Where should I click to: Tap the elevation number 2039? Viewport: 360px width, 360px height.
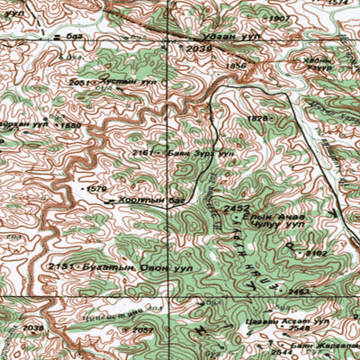click(x=200, y=49)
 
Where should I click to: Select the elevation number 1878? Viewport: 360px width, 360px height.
click(x=258, y=119)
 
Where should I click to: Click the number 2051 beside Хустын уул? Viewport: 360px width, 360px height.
click(x=80, y=82)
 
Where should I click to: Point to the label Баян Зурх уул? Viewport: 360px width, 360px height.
click(x=200, y=154)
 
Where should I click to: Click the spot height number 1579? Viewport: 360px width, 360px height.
click(x=97, y=189)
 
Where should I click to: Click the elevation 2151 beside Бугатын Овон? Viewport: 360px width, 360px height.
click(x=59, y=267)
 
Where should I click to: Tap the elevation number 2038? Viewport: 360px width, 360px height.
click(x=32, y=328)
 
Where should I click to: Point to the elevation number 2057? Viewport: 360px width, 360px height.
click(x=141, y=330)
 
